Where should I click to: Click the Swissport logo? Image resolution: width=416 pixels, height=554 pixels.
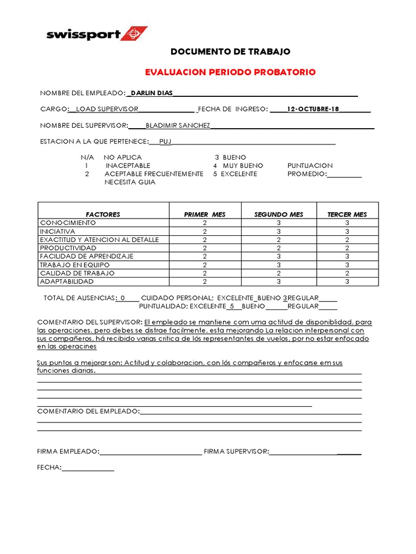pyautogui.click(x=96, y=34)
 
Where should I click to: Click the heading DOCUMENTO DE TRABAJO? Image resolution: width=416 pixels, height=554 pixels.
pyautogui.click(x=230, y=52)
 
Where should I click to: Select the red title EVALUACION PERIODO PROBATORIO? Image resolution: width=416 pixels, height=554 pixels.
pyautogui.click(x=230, y=72)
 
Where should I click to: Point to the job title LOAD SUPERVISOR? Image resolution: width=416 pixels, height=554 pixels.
pyautogui.click(x=107, y=109)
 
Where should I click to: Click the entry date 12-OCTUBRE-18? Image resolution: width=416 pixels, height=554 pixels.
pyautogui.click(x=313, y=109)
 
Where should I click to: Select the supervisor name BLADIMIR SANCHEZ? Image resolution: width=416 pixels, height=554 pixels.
pyautogui.click(x=178, y=126)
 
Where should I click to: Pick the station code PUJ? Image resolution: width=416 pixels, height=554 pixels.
pyautogui.click(x=165, y=142)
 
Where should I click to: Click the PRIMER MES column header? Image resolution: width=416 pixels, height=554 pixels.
pyautogui.click(x=205, y=214)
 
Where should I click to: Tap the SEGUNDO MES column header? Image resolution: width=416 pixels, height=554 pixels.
pyautogui.click(x=278, y=214)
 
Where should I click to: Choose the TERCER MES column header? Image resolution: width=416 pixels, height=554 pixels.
pyautogui.click(x=347, y=214)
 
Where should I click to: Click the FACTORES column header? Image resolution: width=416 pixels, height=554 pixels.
pyautogui.click(x=103, y=214)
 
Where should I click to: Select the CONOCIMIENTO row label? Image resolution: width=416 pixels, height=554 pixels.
pyautogui.click(x=68, y=223)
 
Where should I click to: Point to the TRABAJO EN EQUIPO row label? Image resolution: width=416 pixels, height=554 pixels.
pyautogui.click(x=74, y=265)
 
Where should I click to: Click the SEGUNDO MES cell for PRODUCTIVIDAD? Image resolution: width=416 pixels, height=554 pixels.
pyautogui.click(x=278, y=248)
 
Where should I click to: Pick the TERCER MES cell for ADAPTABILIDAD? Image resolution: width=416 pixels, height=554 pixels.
pyautogui.click(x=347, y=281)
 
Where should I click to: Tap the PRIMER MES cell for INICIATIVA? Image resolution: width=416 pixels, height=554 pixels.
pyautogui.click(x=205, y=231)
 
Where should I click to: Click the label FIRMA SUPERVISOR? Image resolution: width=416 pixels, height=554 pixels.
pyautogui.click(x=236, y=451)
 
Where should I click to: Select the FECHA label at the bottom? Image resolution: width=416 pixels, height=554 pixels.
pyautogui.click(x=49, y=467)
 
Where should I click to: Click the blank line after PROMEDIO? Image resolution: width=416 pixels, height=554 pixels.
pyautogui.click(x=344, y=174)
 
